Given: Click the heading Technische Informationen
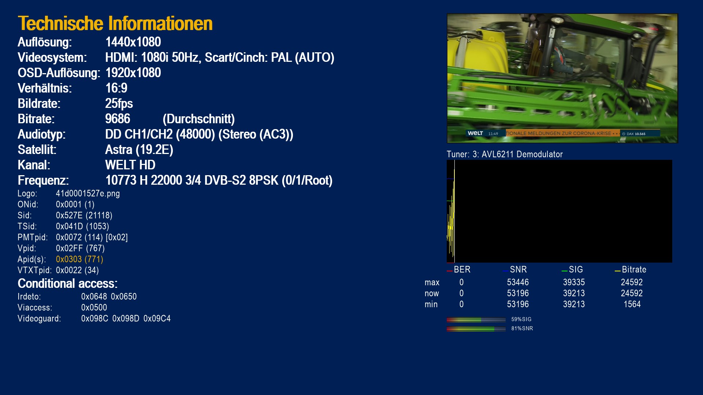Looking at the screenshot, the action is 115,23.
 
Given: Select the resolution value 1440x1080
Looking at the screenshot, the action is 133,42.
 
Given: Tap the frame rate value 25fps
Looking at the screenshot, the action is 119,104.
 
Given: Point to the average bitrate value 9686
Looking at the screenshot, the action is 118,119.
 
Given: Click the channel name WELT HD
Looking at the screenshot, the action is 130,165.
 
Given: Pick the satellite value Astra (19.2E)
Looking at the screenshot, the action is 139,150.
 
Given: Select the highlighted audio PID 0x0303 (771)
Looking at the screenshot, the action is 79,259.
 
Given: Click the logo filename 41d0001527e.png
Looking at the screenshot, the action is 88,193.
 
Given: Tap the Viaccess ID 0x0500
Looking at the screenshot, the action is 94,308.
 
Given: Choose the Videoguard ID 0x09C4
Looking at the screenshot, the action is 157,319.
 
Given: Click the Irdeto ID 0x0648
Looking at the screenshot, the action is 94,297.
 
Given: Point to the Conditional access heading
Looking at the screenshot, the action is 68,283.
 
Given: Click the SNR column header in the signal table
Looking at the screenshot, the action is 518,270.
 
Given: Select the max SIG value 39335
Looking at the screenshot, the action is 574,282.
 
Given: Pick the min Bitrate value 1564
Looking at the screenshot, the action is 632,304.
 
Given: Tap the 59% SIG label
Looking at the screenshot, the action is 521,319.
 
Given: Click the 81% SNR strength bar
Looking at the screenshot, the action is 476,329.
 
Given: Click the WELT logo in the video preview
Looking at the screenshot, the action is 475,133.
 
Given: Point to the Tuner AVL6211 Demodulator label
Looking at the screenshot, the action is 505,154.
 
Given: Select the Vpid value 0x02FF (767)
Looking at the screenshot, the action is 80,248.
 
